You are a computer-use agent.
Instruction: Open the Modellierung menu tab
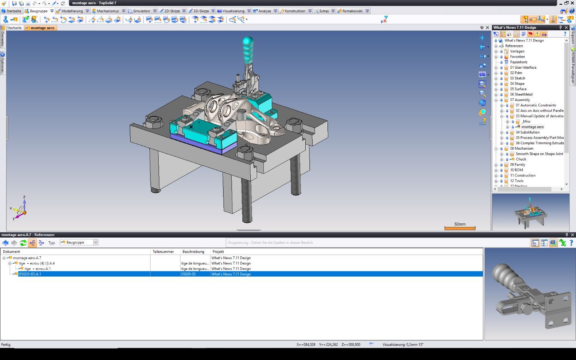(72, 11)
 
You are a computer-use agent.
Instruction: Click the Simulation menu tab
(141, 11)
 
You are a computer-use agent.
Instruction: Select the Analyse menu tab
(264, 11)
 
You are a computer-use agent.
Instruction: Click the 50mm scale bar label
(460, 224)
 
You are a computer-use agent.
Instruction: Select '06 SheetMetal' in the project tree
(521, 94)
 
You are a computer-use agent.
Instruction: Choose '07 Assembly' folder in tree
(520, 100)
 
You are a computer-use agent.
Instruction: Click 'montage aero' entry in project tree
(532, 127)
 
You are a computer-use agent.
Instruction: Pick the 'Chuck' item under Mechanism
(521, 159)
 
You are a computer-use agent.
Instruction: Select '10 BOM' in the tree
(516, 170)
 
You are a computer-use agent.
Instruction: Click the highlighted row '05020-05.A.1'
(30, 274)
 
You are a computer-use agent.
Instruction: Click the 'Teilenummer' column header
(163, 252)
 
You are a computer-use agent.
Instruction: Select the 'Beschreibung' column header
(193, 252)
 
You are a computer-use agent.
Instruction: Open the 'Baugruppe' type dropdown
(96, 242)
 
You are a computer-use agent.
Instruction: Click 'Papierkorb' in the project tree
(518, 62)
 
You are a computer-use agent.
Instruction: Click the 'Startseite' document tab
(14, 28)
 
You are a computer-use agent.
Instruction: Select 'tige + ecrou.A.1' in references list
(37, 269)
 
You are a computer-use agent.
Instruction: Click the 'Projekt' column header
(218, 252)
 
